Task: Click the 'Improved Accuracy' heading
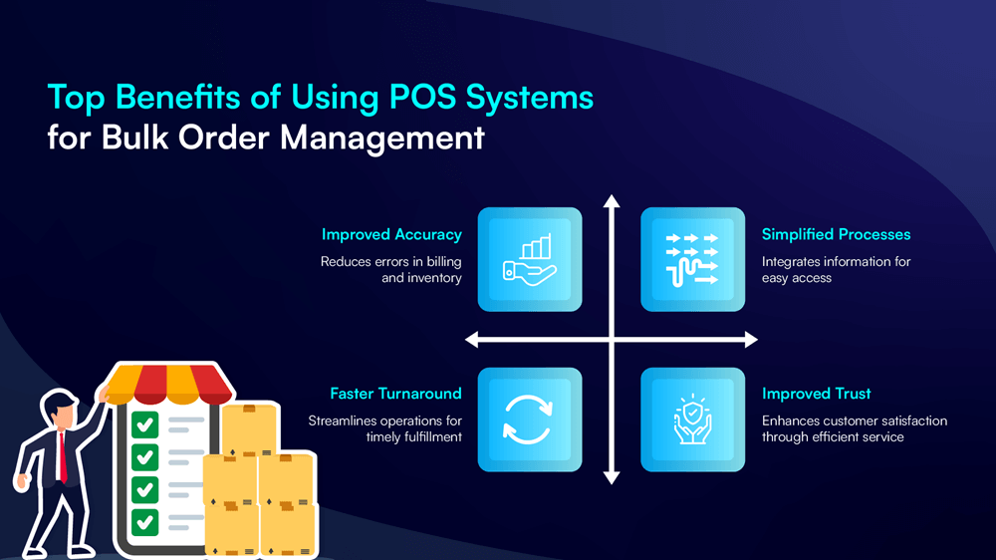tap(391, 235)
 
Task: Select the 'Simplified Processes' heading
tap(836, 235)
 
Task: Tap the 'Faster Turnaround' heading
tap(395, 394)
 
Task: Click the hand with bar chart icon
tap(529, 259)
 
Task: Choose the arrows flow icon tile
tap(692, 259)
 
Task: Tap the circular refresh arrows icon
tap(529, 419)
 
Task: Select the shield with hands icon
tap(692, 419)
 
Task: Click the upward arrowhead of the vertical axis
tap(612, 202)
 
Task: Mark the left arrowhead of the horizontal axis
tap(473, 341)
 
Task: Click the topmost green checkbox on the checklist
tap(145, 425)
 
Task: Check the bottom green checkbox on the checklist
tap(145, 521)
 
